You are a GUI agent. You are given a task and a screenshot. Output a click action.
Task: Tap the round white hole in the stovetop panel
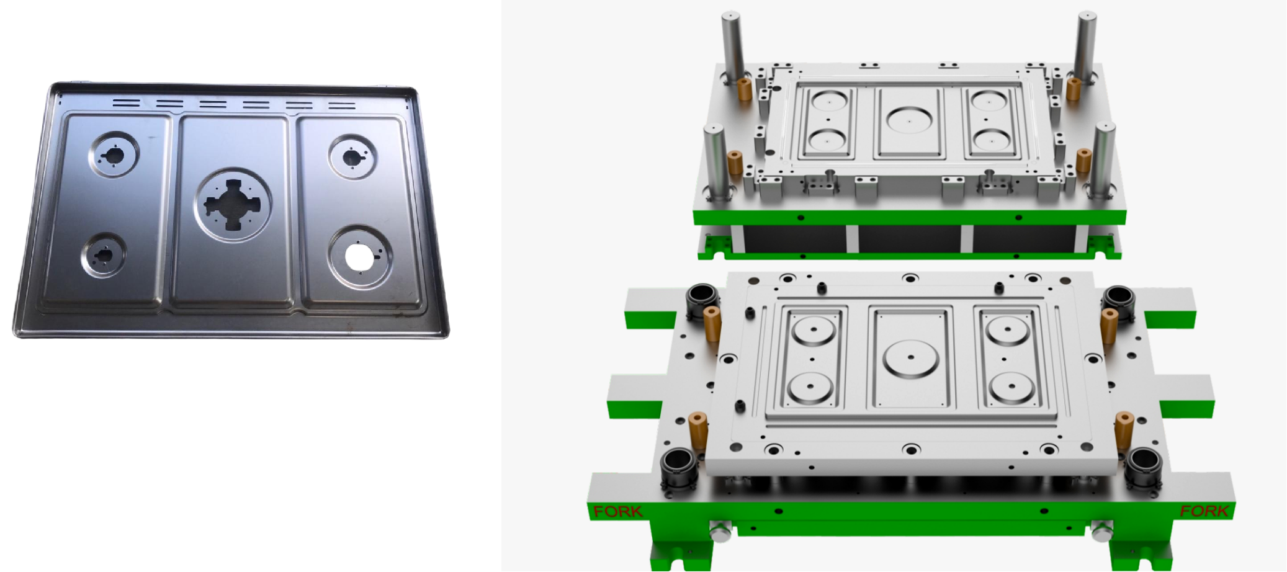[x=358, y=257]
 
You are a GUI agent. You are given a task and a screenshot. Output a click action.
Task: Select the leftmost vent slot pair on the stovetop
[x=127, y=102]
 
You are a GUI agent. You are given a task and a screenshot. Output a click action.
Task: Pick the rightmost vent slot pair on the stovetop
[x=342, y=106]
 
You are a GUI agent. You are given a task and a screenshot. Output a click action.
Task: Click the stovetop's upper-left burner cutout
[x=114, y=154]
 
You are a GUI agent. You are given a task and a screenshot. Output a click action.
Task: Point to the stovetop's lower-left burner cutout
[x=102, y=255]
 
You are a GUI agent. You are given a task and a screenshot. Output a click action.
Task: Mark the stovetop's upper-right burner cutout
[x=353, y=157]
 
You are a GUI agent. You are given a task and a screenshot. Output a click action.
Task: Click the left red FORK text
[x=617, y=512]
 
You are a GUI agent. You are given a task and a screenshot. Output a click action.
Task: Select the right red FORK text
[x=1204, y=511]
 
